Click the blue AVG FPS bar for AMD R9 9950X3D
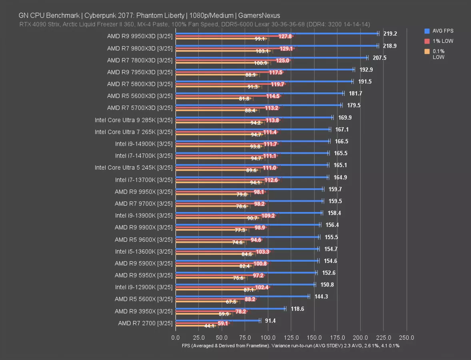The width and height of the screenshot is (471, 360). coord(276,34)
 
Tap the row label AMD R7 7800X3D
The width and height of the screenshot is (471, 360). coord(140,60)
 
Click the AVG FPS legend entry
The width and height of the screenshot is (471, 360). coord(439,31)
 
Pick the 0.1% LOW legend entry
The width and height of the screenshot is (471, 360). coord(439,54)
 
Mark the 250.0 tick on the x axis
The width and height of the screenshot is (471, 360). coord(407,338)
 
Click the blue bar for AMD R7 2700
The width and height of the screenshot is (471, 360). coord(217,320)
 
